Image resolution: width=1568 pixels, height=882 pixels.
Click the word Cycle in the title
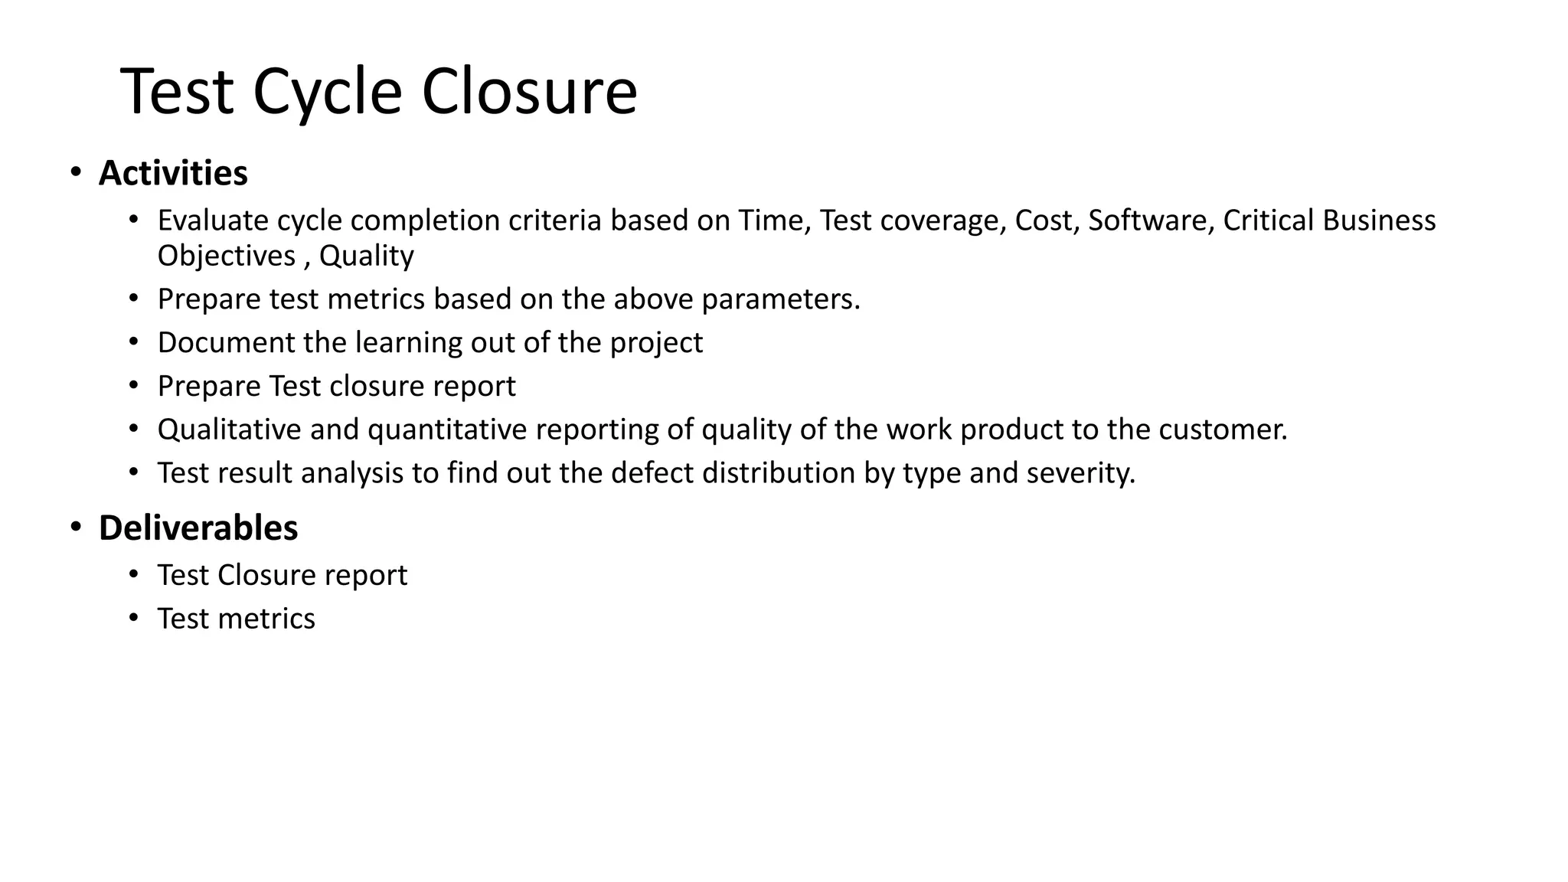[327, 93]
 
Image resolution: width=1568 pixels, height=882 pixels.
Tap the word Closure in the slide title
[529, 92]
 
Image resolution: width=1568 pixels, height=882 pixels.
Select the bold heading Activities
[173, 173]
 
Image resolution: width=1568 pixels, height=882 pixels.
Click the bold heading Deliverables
[198, 528]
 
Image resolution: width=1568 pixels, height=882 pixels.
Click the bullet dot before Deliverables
[75, 527]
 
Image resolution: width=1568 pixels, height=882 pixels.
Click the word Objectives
[227, 256]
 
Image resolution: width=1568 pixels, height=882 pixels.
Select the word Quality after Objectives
[366, 256]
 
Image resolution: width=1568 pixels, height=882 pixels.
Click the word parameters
[781, 299]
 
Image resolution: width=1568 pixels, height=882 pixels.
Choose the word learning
[409, 343]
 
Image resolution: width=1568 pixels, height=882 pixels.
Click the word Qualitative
[229, 430]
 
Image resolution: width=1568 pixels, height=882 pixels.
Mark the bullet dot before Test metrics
[134, 617]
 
